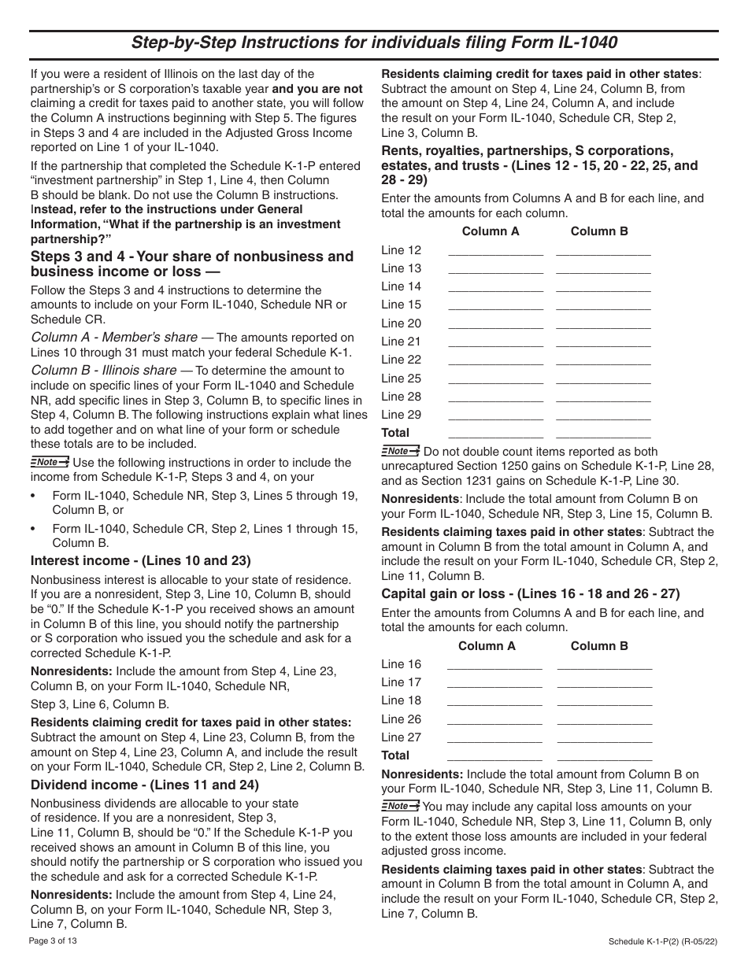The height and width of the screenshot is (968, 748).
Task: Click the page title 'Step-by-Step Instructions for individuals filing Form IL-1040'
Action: click(374, 42)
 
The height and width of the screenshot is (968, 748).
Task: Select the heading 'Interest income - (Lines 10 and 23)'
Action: click(140, 561)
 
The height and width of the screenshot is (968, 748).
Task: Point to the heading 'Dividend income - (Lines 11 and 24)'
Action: click(144, 785)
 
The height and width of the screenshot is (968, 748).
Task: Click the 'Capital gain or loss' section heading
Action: click(531, 594)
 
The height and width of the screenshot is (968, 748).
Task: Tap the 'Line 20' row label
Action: click(401, 323)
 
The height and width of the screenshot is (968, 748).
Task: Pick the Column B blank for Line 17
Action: click(604, 685)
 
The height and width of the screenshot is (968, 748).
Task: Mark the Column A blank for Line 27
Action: click(494, 741)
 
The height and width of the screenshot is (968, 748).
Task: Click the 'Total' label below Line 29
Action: click(395, 433)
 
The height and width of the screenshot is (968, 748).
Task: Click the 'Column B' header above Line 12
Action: click(599, 231)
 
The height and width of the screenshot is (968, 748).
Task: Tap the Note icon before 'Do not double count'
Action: click(401, 451)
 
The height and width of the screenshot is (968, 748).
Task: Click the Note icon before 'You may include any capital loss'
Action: click(401, 806)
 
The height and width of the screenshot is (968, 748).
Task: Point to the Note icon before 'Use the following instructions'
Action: click(50, 462)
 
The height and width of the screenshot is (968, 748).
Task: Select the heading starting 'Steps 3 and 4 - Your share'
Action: click(192, 264)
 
